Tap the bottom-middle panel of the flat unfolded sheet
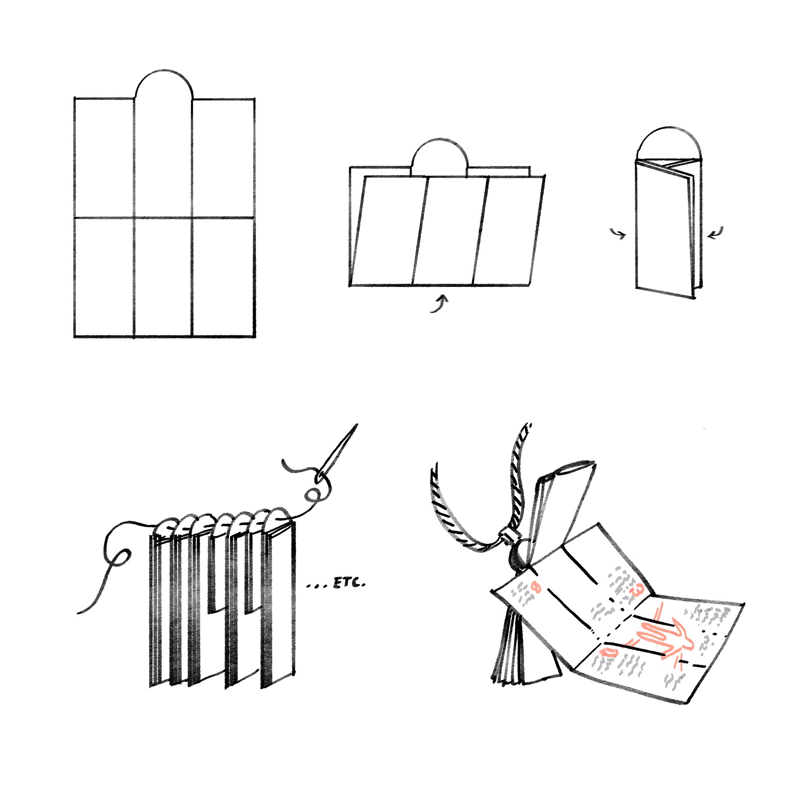coord(163,277)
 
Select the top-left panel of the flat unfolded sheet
coord(104,158)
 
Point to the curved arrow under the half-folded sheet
coord(440,304)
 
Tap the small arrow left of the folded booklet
coord(618,233)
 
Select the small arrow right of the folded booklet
coord(715,233)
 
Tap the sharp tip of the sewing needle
coord(357,425)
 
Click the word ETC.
coord(350,583)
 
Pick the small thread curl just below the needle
coord(312,495)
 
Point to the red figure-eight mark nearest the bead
coord(536,586)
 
